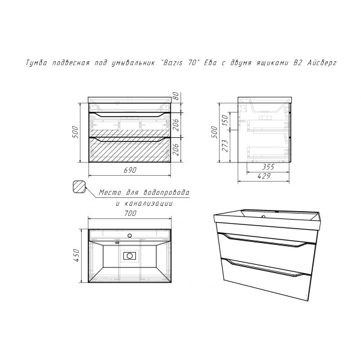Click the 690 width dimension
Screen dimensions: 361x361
[x=130, y=170]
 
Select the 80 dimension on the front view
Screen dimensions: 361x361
[x=176, y=95]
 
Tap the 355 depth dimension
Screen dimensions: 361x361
[x=268, y=167]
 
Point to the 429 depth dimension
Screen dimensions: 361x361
[x=264, y=176]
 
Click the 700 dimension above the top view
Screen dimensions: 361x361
[x=131, y=214]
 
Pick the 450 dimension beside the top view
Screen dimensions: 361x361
[x=76, y=255]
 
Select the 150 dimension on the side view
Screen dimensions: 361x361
[x=224, y=120]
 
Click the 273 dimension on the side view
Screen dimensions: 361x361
[x=226, y=146]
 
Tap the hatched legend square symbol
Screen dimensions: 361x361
[x=79, y=187]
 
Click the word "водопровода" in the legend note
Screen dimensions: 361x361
[x=166, y=193]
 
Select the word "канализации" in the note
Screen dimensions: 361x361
[x=148, y=204]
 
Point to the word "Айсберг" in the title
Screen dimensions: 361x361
[x=322, y=63]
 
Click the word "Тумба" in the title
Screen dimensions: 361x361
[x=35, y=63]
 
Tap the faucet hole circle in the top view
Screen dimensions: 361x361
[x=130, y=235]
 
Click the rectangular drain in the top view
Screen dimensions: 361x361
[x=129, y=256]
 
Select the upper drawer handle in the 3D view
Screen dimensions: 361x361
[x=264, y=240]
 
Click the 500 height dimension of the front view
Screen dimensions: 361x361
[x=76, y=132]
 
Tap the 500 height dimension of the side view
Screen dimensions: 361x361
[x=214, y=132]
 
